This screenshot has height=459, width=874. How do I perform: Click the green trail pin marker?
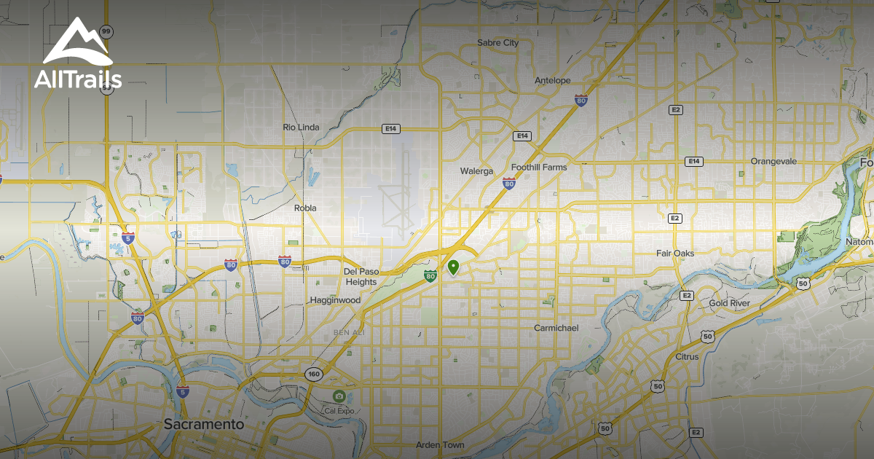point(453,267)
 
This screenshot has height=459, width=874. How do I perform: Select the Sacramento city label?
point(204,423)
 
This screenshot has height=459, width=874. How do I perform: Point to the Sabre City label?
point(498,43)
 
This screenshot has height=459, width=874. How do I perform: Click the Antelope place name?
point(553,80)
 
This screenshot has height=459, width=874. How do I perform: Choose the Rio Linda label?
point(301,127)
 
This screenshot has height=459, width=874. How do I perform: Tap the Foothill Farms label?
point(539,167)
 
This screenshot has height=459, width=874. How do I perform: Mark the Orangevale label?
point(773,161)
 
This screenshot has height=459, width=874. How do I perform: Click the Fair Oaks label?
point(675,254)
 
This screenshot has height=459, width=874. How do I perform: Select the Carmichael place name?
point(556,328)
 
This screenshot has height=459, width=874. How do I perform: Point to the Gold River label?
point(730,303)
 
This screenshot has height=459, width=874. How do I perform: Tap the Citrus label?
point(687,357)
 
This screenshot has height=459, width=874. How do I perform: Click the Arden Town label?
point(440,444)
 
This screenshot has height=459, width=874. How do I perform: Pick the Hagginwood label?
point(335,300)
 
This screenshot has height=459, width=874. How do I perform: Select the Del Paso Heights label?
point(361,276)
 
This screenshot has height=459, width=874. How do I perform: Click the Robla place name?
point(305,208)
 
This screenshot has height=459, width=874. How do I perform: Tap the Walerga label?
point(476,171)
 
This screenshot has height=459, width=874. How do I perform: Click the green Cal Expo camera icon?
point(339,396)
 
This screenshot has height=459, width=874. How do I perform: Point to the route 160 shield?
point(313,374)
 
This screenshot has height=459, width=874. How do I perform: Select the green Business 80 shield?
point(430,275)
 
